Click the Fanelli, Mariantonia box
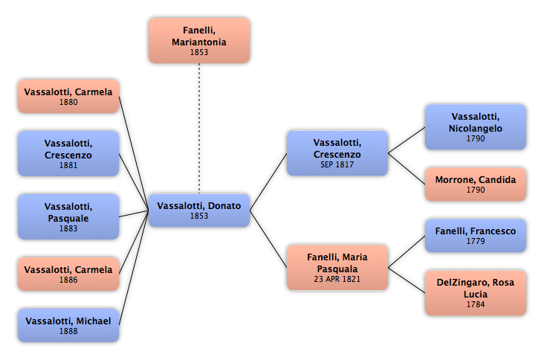pos(199,41)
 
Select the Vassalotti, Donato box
pos(199,210)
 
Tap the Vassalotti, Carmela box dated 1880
pos(68,96)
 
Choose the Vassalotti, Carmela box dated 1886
pos(68,274)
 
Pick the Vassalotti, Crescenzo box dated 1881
pos(68,153)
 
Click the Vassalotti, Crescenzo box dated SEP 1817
pos(337,153)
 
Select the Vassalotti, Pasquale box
pos(68,216)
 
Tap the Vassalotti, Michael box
pos(68,325)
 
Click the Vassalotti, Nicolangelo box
pos(476,127)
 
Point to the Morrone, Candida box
pos(476,184)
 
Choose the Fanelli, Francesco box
pos(476,235)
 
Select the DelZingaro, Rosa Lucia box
pos(476,293)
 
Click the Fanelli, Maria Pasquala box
pos(337,267)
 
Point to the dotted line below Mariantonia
pos(199,129)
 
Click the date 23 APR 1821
pos(337,279)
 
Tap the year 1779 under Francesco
pos(476,241)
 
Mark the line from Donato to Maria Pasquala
pos(268,239)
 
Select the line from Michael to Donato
pos(134,268)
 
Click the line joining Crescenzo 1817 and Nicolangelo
pos(407,141)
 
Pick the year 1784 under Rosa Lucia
pos(476,304)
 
